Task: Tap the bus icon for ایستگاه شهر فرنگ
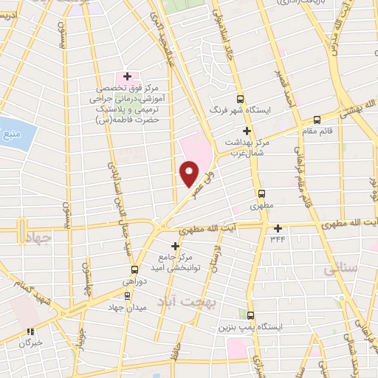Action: (239, 98)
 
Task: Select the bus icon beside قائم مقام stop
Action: (317, 119)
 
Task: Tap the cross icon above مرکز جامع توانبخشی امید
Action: (175, 246)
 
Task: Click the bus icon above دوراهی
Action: (134, 269)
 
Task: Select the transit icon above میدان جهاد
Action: (128, 295)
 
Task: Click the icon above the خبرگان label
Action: (30, 332)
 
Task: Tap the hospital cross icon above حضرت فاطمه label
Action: (127, 76)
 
